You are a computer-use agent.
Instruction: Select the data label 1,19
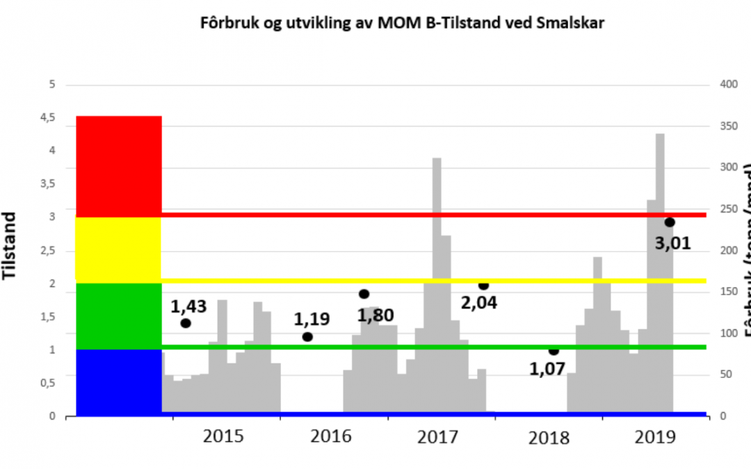pos(312,320)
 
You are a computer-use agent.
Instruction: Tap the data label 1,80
pos(375,315)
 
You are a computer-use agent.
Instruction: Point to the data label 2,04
pos(480,302)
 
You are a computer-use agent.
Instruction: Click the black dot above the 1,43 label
pos(186,323)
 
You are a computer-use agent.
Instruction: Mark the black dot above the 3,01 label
pos(670,222)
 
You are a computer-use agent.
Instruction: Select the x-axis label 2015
pos(223,437)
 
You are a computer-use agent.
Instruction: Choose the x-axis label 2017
pos(438,437)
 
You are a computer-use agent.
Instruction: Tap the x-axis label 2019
pos(656,437)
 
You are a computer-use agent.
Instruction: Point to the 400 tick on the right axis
pos(728,85)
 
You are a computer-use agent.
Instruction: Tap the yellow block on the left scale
pos(118,249)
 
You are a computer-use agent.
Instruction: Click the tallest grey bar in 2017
pos(437,285)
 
